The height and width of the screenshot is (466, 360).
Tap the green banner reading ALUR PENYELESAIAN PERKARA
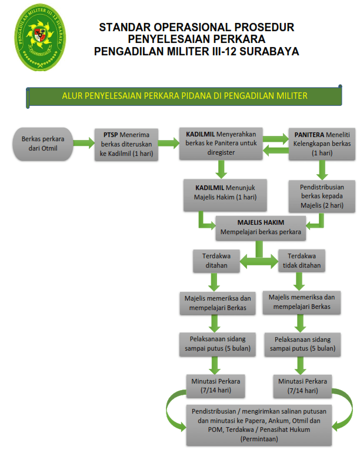[185, 95]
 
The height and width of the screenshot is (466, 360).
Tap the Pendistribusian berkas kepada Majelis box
[322, 195]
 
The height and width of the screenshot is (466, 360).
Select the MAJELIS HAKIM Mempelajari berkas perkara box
[261, 227]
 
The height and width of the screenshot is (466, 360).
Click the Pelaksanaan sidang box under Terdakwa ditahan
[214, 343]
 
